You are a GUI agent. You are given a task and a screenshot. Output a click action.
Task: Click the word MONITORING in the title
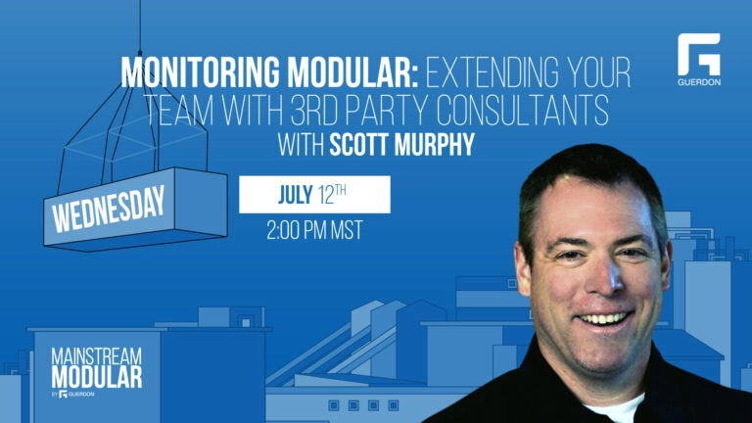point(200,72)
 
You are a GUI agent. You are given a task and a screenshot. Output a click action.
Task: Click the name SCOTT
point(358,144)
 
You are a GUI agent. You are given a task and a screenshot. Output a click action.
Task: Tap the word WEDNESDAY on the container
point(109,209)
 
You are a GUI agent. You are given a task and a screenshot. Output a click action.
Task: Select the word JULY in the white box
point(296,195)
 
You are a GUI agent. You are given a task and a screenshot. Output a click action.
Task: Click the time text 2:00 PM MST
point(314,230)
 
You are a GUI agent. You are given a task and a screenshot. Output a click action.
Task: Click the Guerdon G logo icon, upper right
point(698,54)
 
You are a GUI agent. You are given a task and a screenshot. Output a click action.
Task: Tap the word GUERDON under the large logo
point(699,82)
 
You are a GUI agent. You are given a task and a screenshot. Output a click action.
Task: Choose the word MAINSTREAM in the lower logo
point(96,356)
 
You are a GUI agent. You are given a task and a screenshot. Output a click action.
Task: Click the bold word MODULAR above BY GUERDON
point(96,377)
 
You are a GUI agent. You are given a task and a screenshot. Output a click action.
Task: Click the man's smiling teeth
point(603,318)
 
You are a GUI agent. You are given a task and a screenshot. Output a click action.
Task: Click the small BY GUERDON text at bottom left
point(72,395)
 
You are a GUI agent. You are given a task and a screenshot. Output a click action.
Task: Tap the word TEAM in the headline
point(179,111)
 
